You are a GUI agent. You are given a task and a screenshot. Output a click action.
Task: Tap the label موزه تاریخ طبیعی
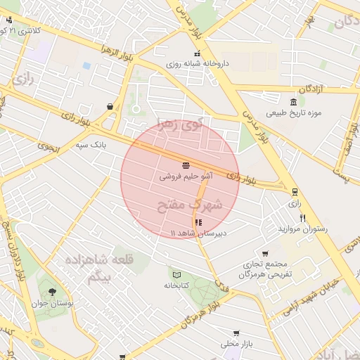coord(292,113)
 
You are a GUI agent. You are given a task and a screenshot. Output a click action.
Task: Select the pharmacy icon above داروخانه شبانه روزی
coord(197,53)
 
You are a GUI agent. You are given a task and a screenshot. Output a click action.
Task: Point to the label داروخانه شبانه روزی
coord(198,63)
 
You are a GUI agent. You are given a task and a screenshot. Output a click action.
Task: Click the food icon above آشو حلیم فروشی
coord(185,165)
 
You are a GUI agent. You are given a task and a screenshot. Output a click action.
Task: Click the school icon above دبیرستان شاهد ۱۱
coord(197,222)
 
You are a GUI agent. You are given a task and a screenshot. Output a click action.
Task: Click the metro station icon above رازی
coord(294,191)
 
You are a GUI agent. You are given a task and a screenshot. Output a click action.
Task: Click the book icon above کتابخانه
coord(176,274)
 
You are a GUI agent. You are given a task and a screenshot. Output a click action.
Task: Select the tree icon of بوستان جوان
coord(50,291)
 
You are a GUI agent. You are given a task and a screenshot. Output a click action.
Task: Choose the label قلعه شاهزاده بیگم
coord(89,269)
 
